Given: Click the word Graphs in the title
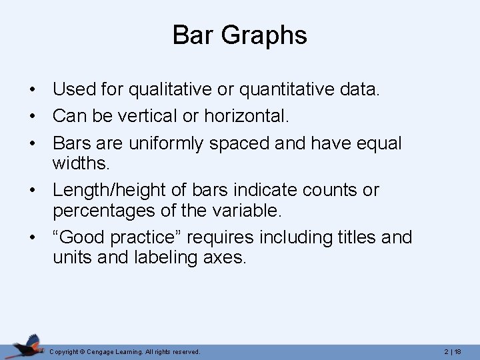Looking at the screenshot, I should tap(267, 36).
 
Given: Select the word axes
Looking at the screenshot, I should tap(225, 257).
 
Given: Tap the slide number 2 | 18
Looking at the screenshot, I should tap(453, 351).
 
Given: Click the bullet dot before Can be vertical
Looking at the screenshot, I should tap(32, 117).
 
